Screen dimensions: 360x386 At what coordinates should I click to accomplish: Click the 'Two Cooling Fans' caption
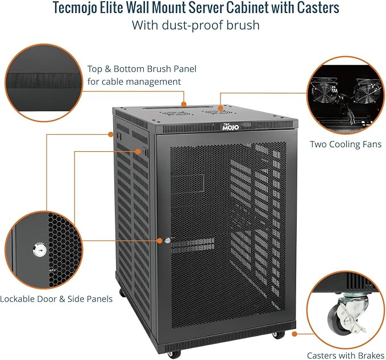(x=345, y=144)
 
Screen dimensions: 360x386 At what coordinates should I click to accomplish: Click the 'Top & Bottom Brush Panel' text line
(x=142, y=69)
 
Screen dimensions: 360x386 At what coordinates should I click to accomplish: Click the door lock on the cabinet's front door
(x=168, y=241)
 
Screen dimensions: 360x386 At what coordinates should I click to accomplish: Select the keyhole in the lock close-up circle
(x=39, y=249)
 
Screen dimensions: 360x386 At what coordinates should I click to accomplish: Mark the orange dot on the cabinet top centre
(x=184, y=104)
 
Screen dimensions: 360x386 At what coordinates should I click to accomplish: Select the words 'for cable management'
(x=134, y=81)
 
